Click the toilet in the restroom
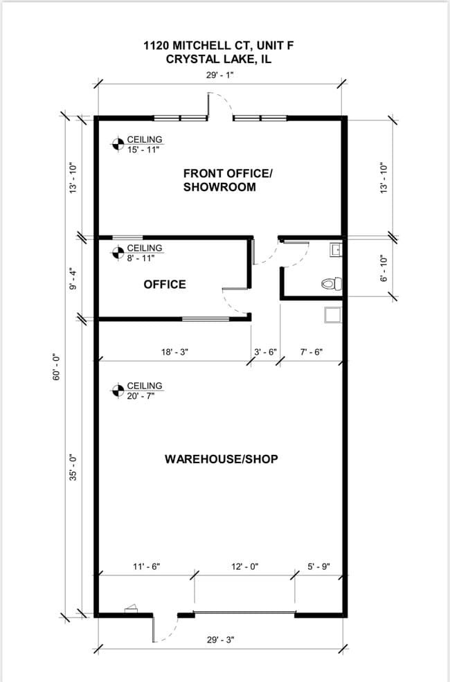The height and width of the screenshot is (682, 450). pos(332,284)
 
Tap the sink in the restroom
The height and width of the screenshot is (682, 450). pos(336,250)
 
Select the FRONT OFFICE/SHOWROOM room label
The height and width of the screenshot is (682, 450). pos(227,180)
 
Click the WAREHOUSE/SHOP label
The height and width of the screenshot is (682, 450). pos(222,459)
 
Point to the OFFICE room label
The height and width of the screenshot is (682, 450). pos(165,285)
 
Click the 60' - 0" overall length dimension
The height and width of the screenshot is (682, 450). pos(57,368)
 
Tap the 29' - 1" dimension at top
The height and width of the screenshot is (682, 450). pos(220,75)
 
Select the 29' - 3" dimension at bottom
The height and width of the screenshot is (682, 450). pos(220,640)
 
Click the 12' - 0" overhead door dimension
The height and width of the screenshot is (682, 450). pos(245,566)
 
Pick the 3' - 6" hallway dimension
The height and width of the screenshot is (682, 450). pos(265,352)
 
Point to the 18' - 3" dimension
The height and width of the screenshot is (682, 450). pos(174,352)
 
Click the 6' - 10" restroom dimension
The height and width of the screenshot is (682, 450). pos(384,267)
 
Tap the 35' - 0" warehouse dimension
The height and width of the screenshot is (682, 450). pos(73,467)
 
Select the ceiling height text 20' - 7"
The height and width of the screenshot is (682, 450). pos(141,395)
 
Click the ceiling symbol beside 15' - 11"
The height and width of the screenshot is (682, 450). pos(118,144)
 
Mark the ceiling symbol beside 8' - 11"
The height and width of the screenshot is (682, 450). pos(118,252)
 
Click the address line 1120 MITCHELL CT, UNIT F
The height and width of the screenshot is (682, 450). pos(219,45)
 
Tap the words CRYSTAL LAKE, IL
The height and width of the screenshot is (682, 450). pos(219,59)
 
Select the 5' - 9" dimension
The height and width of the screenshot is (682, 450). pos(318,566)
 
